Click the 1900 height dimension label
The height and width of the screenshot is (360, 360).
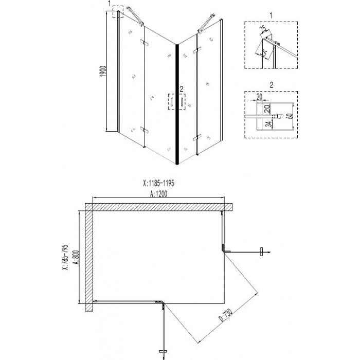103,71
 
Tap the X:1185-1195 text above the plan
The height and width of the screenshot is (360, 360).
158,183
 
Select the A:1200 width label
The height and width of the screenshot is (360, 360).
158,194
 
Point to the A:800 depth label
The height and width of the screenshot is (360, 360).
77,257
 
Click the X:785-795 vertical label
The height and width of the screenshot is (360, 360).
66,257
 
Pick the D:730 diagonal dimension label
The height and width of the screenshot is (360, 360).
226,315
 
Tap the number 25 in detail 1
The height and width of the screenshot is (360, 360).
263,29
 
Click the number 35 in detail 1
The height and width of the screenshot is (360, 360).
263,53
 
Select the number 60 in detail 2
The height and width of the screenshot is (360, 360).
290,116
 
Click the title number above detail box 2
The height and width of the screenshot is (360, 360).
272,85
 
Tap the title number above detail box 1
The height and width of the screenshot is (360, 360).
271,15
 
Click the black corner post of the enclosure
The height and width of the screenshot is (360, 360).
177,104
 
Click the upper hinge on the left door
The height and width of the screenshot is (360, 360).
145,43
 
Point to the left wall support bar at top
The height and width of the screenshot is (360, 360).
135,15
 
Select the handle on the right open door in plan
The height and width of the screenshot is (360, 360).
261,251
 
